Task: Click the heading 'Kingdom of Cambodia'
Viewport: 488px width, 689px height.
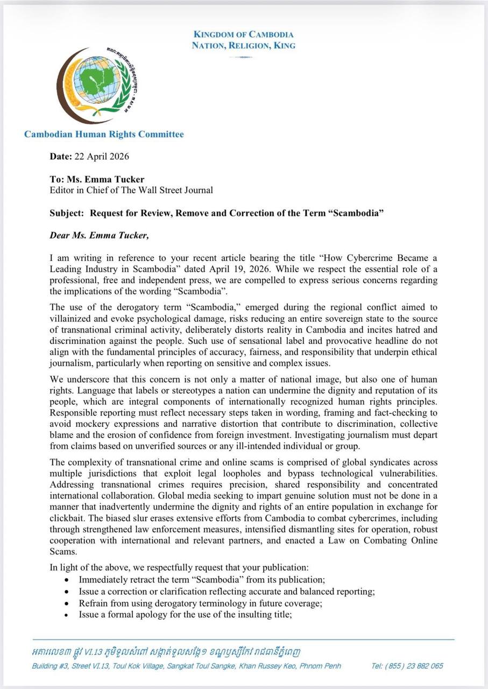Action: [x=243, y=34]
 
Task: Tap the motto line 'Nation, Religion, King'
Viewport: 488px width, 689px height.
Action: [x=243, y=46]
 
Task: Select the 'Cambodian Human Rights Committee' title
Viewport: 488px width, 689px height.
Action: [x=104, y=135]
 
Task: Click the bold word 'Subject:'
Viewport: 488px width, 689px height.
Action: [x=67, y=213]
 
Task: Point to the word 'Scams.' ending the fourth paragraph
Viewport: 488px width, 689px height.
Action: [x=61, y=552]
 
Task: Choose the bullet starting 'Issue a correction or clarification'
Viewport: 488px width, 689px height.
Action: [x=227, y=591]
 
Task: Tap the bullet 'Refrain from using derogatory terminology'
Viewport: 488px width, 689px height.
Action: [x=200, y=603]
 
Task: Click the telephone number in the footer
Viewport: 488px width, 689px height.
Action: [x=407, y=666]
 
